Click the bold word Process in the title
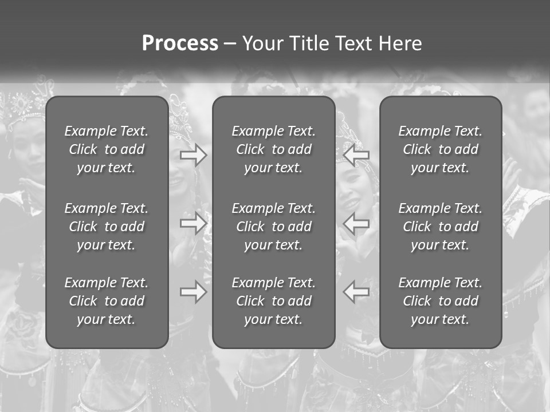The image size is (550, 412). coord(180,43)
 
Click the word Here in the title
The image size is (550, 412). coord(400,43)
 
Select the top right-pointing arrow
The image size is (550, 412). coord(193,155)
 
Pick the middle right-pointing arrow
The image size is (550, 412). coord(193,223)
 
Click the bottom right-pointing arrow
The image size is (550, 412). coord(193,292)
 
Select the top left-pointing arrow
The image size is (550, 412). coord(356,155)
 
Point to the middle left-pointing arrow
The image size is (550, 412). coord(356,223)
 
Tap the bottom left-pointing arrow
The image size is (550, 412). coord(356,292)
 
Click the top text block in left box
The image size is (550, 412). coord(107,149)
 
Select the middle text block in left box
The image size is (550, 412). coord(107,227)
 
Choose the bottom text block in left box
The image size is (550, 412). coord(107,301)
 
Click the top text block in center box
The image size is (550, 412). coord(273,149)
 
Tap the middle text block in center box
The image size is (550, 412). coord(273,227)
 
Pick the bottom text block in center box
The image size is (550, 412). coord(273,301)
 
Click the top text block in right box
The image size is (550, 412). coord(440,149)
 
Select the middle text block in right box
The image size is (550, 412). coord(440,227)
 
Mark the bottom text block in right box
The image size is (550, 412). coord(440,301)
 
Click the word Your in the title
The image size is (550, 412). coord(263,43)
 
